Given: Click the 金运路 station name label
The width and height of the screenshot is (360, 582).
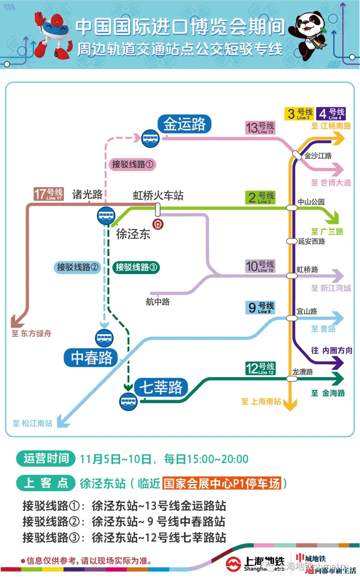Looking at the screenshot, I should (184, 124).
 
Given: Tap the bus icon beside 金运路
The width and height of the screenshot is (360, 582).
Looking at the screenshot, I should (150, 138).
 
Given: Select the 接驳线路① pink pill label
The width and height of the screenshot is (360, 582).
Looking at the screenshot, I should (132, 164).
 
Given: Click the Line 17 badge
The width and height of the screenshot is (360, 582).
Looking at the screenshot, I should (49, 194).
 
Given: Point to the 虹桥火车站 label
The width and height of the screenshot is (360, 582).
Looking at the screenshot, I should (158, 195).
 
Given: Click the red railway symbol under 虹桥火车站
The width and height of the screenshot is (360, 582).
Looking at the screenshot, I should (158, 224).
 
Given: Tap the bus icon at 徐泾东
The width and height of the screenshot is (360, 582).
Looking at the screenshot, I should (106, 216).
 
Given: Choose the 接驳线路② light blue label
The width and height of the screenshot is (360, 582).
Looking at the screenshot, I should (77, 267).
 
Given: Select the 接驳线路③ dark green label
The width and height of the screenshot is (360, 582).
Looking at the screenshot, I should (136, 267).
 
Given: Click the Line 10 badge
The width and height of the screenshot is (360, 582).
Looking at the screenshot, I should (260, 266).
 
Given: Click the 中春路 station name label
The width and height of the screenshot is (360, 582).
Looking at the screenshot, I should (91, 358).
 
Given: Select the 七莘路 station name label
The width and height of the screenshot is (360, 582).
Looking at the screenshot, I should (161, 387).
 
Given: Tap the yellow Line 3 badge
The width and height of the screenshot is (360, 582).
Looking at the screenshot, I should (299, 114).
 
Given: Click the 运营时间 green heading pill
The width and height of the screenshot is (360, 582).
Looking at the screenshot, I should (46, 459).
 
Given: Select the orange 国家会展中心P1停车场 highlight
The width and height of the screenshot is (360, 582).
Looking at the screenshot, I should (222, 483).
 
